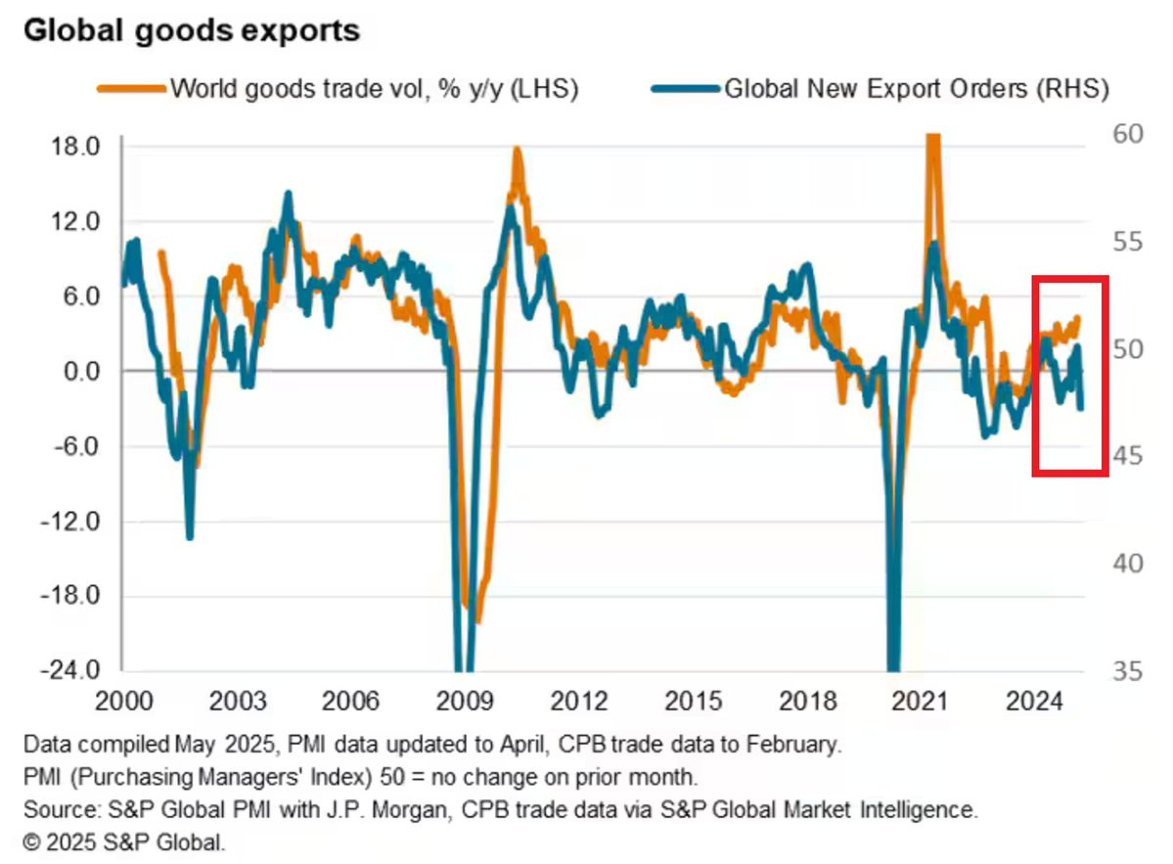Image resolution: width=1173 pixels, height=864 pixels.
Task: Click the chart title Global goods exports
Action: (191, 30)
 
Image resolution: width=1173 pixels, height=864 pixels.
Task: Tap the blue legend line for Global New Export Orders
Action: (684, 89)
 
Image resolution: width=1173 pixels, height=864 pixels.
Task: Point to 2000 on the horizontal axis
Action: (126, 702)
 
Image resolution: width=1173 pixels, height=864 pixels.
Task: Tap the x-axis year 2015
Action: (696, 702)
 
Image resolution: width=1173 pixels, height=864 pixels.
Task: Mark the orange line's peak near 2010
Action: (516, 151)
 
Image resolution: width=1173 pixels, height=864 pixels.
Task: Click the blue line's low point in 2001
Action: (189, 535)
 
